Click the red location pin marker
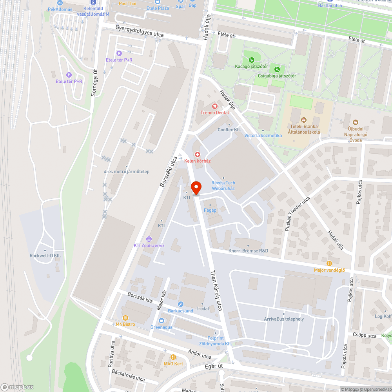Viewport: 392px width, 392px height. tap(196, 187)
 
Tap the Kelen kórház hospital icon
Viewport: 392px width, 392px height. tap(198, 154)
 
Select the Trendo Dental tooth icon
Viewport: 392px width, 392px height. tap(214, 106)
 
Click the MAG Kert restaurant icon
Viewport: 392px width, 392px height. tap(173, 357)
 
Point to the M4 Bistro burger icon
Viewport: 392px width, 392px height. tap(125, 318)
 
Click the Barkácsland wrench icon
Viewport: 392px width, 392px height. tap(180, 304)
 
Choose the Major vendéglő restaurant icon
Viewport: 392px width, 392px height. tap(329, 263)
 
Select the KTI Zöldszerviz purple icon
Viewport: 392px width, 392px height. tap(149, 239)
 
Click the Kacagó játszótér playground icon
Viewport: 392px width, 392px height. tap(251, 60)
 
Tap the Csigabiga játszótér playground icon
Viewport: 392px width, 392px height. tap(277, 69)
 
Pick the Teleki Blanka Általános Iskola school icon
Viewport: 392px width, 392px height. tap(303, 120)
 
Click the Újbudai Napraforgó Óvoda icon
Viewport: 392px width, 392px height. tap(356, 122)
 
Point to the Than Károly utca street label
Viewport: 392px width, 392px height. tap(217, 290)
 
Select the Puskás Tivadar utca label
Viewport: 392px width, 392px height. tap(298, 213)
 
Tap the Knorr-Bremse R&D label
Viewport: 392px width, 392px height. tap(248, 250)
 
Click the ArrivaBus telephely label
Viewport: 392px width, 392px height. tap(284, 319)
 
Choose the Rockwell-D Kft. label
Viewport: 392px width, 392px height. tap(45, 256)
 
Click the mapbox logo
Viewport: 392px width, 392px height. tap(17, 387)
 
